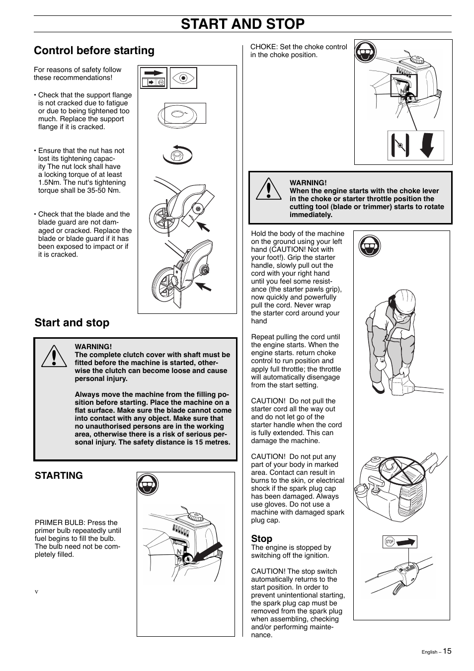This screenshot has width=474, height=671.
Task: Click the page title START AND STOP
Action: coord(242,24)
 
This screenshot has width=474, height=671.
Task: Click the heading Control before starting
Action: coord(94,51)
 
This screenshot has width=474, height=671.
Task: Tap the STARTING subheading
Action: coord(59,475)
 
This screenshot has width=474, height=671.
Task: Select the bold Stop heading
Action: coord(261,538)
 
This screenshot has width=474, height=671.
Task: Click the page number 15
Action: coord(447,651)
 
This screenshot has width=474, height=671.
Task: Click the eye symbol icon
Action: coord(183,78)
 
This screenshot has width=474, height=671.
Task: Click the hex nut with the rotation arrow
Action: coord(176,155)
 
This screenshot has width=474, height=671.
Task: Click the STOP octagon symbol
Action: coord(390,542)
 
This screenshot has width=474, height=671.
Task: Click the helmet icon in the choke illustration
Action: coord(366,52)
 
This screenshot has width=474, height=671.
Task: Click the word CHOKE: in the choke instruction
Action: coord(264,47)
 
